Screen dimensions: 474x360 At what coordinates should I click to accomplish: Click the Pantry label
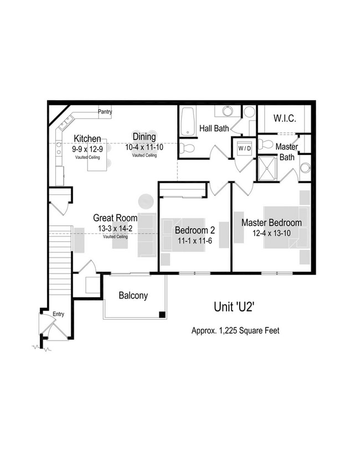pos(105,112)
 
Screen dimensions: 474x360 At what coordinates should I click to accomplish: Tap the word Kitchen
pos(88,138)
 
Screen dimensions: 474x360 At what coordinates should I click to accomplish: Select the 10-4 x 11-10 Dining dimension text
pos(144,147)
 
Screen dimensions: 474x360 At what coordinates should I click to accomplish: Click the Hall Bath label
pos(214,128)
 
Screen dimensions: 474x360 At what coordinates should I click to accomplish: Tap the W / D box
pos(244,148)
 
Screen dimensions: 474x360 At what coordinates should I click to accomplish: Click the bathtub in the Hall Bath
pos(188,120)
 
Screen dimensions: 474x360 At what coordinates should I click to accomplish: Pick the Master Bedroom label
pos(271,223)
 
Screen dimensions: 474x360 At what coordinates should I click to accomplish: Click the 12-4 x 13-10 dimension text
pos(271,233)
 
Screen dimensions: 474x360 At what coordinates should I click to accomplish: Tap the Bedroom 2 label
pos(194,230)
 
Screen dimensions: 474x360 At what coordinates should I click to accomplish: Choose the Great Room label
pos(115,218)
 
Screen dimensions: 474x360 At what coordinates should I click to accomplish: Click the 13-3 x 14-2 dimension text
pos(115,228)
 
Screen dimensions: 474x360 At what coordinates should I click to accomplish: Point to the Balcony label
pos(133,296)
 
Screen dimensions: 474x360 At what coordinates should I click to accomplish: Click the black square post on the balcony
pos(162,315)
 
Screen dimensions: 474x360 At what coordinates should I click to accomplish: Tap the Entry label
pos(59,314)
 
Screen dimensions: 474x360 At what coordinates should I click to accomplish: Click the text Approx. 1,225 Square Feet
pos(235,331)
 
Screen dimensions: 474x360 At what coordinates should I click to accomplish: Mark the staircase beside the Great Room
pos(60,260)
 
